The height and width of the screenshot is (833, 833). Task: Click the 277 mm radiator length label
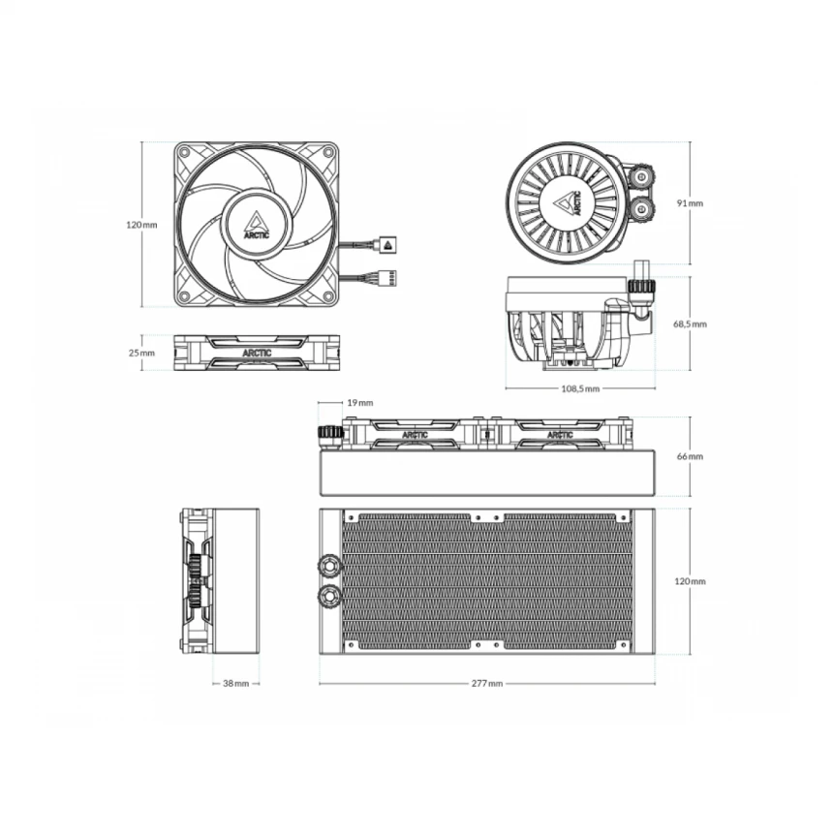pos(487,683)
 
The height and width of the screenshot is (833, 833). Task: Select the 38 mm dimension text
pos(235,683)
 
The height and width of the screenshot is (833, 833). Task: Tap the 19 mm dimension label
pos(359,402)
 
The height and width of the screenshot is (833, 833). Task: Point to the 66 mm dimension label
pos(690,455)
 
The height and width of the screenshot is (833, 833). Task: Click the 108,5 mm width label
pos(580,388)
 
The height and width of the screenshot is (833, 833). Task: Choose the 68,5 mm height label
pos(690,324)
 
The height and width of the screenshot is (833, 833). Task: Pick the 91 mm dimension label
pos(690,203)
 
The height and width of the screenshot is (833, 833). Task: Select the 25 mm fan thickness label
pos(140,353)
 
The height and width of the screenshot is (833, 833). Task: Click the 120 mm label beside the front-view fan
pos(140,225)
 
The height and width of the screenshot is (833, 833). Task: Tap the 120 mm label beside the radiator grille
pos(690,581)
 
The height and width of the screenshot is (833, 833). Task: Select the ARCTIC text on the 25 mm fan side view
pos(257,353)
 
